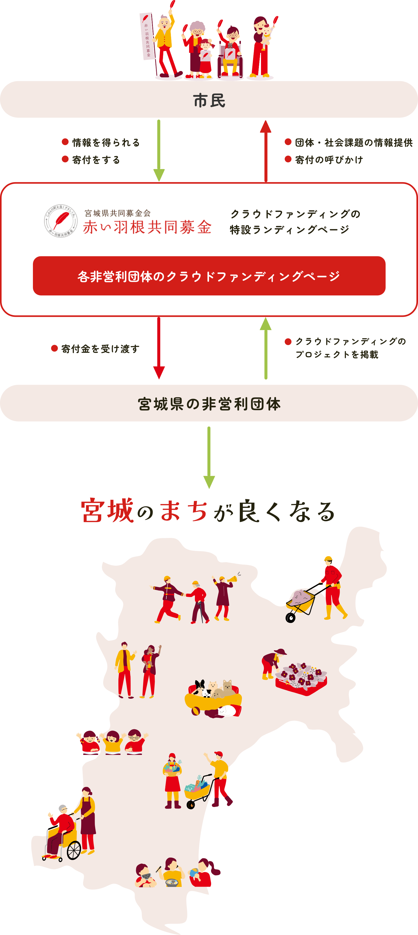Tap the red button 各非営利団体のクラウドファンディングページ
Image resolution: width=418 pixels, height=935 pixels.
[x=209, y=276]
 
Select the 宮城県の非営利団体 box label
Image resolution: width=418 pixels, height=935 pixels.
[x=209, y=404]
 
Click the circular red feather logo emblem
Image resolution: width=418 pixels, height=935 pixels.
[x=61, y=221]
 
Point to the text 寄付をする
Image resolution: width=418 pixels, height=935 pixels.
[x=96, y=160]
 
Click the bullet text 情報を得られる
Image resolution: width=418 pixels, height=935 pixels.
[x=106, y=143]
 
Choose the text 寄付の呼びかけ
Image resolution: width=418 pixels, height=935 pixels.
[x=329, y=160]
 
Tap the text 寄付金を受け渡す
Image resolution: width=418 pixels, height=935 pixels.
[x=100, y=349]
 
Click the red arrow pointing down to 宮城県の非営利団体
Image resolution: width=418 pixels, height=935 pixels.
[x=159, y=347]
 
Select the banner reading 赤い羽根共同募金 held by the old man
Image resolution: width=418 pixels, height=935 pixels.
[x=148, y=36]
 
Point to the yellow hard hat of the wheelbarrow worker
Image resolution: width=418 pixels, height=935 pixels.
[x=328, y=559]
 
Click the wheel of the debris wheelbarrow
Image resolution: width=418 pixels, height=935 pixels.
[x=290, y=617]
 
